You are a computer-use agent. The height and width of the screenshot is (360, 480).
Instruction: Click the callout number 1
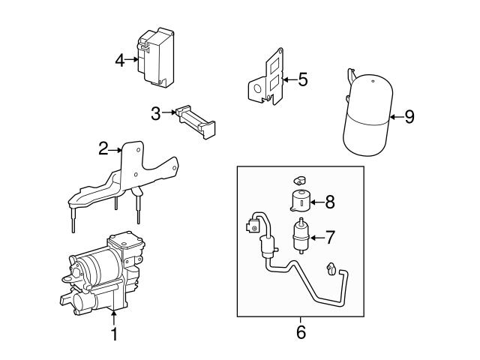coord(114,334)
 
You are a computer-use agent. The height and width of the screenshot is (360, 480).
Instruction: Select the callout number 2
coord(103,149)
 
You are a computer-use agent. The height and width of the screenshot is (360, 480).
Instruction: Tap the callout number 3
coord(156,114)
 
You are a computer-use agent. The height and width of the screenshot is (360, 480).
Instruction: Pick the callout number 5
coord(302,79)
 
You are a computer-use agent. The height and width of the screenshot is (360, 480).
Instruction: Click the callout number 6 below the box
coord(301,331)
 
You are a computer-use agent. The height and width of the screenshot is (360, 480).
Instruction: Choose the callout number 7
coord(331,238)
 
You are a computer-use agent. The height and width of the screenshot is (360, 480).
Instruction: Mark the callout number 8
coord(331,202)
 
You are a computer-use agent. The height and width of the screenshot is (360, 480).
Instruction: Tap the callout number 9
coord(409,118)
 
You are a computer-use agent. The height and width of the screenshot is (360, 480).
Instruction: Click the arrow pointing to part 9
coord(396,118)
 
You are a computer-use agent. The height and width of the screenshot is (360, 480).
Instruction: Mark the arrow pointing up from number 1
coord(114,318)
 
